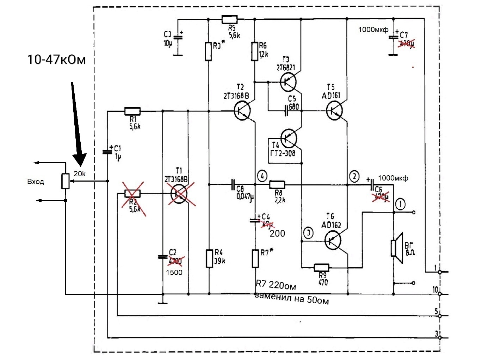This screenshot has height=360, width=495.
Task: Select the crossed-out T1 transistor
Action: coord(179,193)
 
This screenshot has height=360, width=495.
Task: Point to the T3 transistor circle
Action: coord(288,82)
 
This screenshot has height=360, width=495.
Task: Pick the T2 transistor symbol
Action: coord(242,111)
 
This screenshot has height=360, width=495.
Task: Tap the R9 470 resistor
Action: coord(321,268)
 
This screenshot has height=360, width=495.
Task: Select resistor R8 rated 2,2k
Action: coord(277,184)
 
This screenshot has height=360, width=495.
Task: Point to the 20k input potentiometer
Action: coord(66,181)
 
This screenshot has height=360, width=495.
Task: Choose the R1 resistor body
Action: coord(132,111)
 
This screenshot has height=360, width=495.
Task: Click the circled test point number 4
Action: coord(262,175)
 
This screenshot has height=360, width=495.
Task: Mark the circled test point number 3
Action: coord(308,233)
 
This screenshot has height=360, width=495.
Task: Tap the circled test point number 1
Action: coord(400,204)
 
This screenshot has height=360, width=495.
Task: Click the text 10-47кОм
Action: coord(56,60)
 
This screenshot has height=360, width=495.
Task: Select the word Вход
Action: coord(36,182)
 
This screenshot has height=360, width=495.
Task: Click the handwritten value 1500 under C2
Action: coord(174,273)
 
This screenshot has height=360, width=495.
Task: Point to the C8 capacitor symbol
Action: coord(233,184)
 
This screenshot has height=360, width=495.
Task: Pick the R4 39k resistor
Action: coord(209,258)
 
